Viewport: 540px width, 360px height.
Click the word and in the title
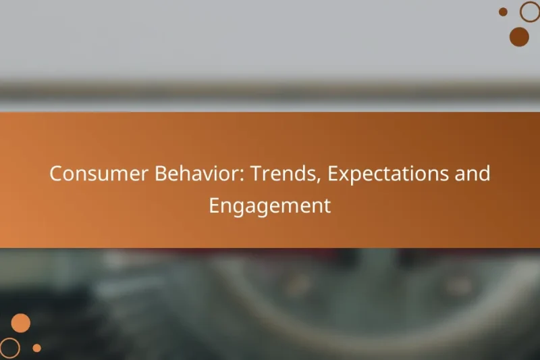(473, 174)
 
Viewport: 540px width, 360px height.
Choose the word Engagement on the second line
(270, 205)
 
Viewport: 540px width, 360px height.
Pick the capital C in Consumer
(56, 174)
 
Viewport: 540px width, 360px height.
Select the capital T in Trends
(257, 174)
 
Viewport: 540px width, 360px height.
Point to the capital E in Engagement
(214, 205)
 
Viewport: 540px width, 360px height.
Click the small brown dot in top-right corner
(503, 11)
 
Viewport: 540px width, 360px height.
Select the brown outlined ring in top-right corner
(530, 11)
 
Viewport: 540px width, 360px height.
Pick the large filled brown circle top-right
(519, 36)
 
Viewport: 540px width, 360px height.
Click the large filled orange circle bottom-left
(21, 323)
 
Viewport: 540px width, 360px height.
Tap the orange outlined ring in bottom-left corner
(10, 348)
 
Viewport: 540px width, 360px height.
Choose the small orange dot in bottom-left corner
(37, 348)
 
